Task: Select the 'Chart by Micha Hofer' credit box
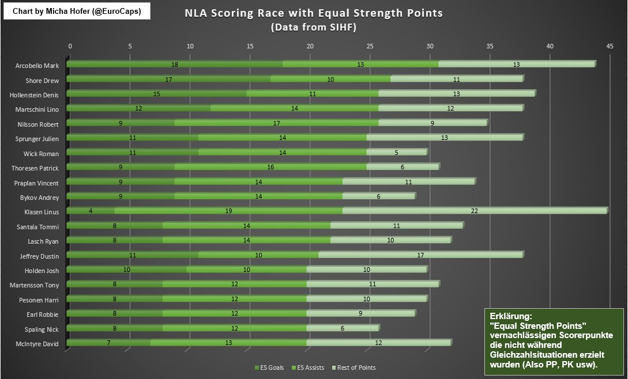pos(77,11)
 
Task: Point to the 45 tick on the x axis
pos(610,46)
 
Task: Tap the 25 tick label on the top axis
pos(370,46)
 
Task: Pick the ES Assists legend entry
pos(309,367)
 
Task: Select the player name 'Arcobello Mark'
pos(37,66)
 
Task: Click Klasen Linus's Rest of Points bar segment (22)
pos(474,211)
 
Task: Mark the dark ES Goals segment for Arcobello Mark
pos(175,65)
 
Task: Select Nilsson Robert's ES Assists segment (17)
pos(277,123)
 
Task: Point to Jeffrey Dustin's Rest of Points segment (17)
pos(420,255)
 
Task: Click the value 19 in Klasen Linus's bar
pos(228,211)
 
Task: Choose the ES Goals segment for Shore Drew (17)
pos(169,79)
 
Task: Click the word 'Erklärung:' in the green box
pos(510,317)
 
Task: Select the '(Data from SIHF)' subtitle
pos(314,27)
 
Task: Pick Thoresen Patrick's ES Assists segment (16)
pos(270,167)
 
